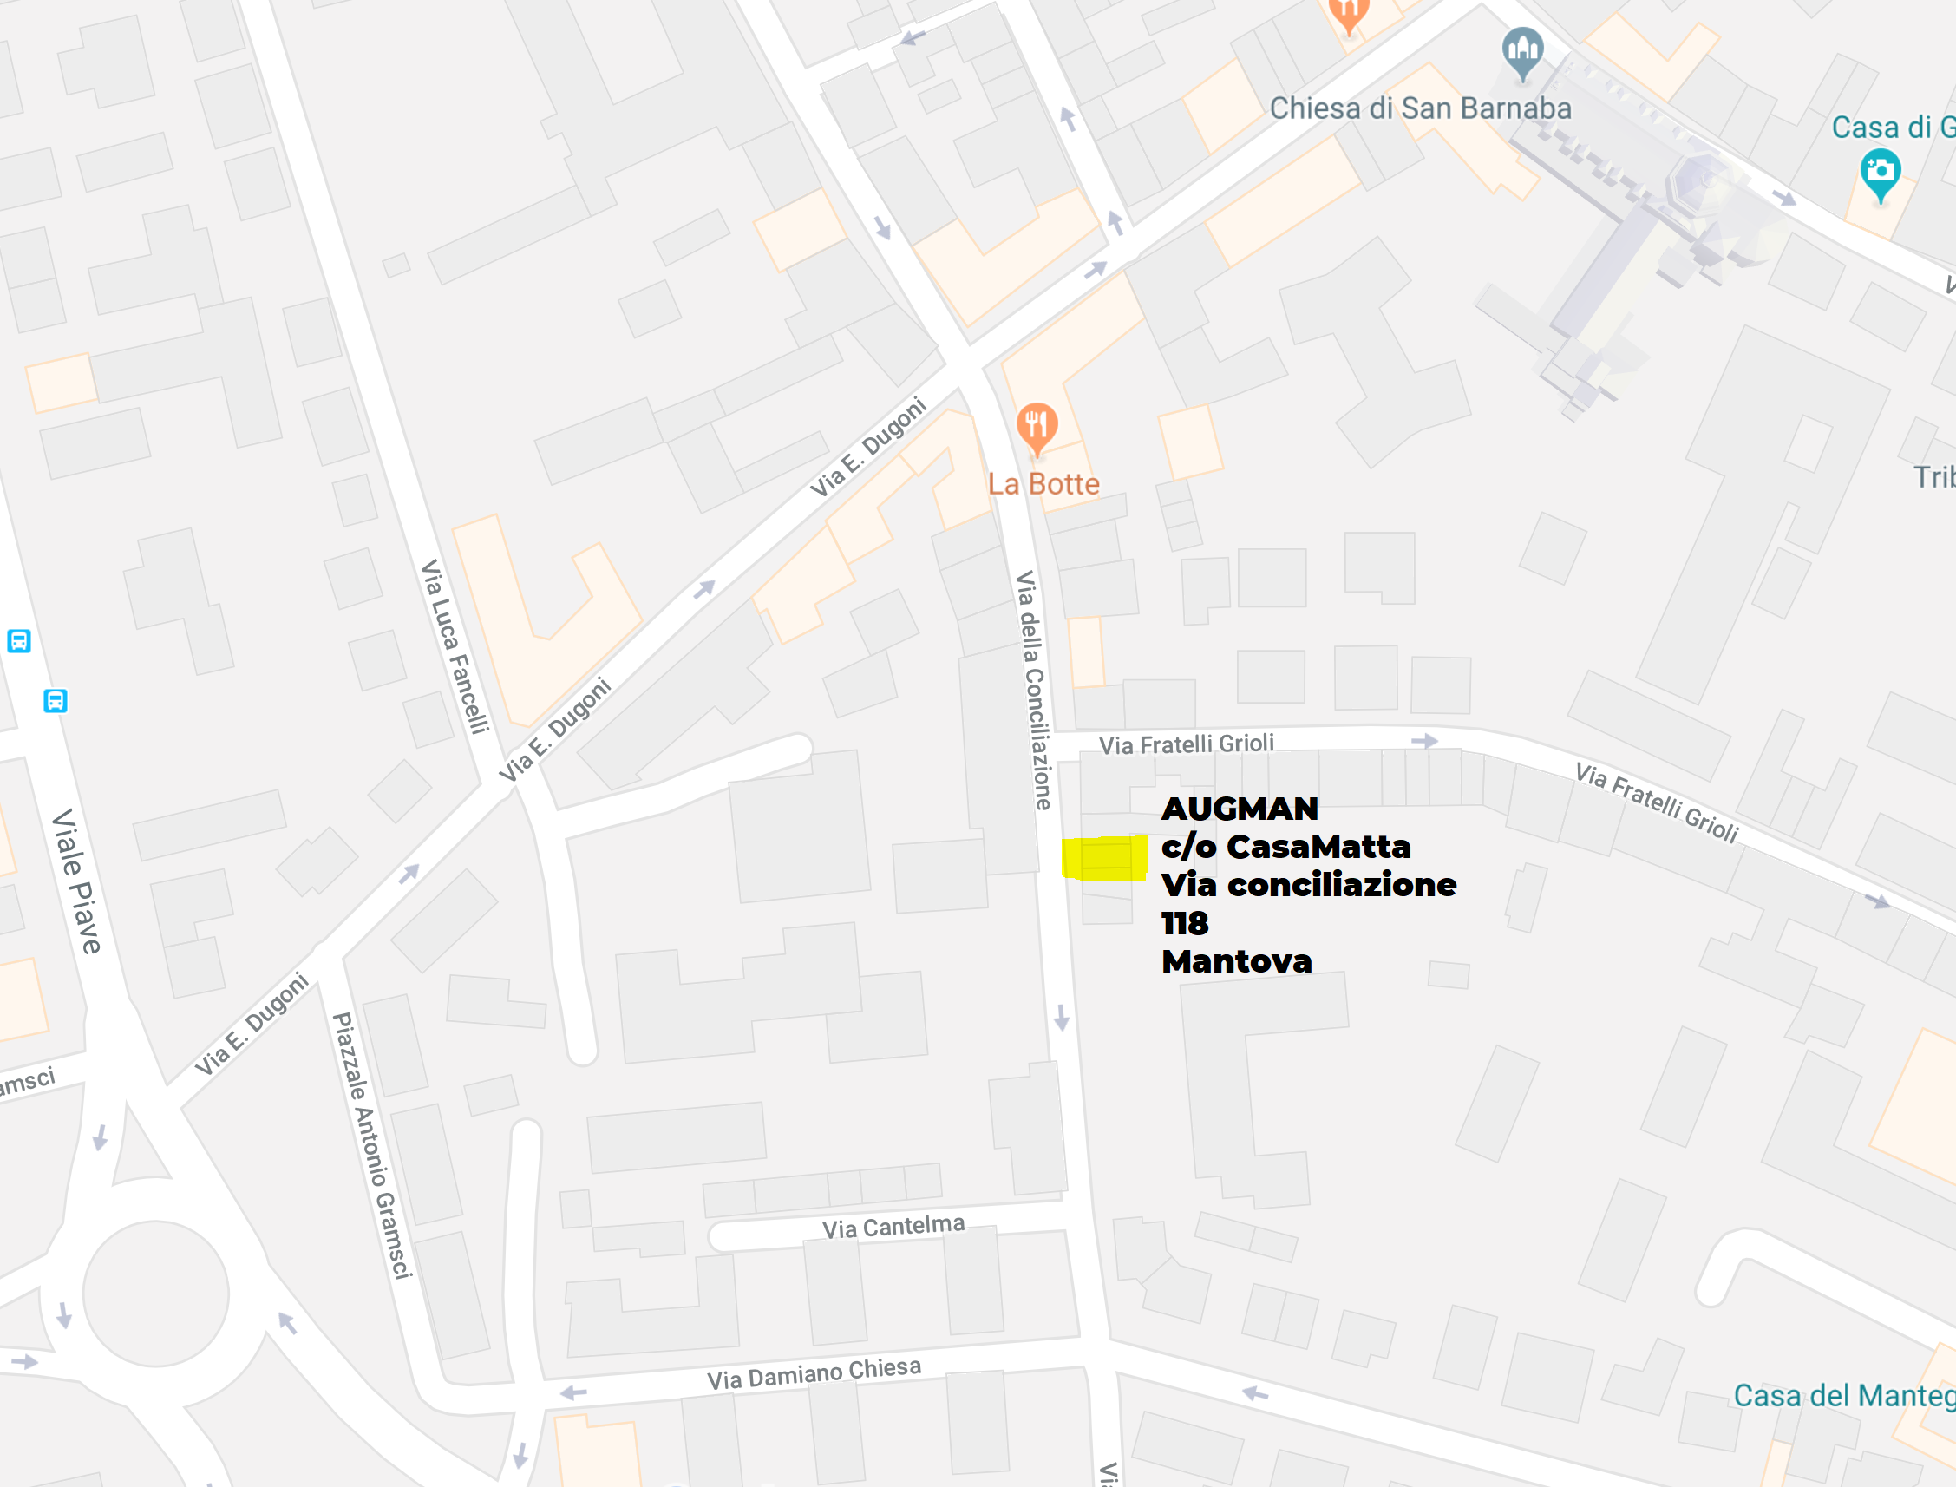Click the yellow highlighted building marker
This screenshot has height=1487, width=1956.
tap(1104, 858)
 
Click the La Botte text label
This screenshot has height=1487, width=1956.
tap(1043, 484)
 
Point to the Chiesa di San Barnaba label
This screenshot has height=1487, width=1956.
tap(1421, 108)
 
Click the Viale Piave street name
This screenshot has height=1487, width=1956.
tap(77, 881)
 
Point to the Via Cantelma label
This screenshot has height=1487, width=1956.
tap(893, 1227)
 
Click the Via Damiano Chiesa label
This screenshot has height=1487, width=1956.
tap(814, 1372)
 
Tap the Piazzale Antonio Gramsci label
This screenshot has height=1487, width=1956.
tap(372, 1145)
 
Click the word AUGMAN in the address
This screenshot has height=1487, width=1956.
tap(1240, 808)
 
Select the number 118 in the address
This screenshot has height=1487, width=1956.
tap(1184, 923)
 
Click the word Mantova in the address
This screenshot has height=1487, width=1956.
tap(1236, 961)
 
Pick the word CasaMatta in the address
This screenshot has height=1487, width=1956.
tap(1318, 847)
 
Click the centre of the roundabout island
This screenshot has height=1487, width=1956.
tap(156, 1294)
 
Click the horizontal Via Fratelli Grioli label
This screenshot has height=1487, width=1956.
tap(1186, 743)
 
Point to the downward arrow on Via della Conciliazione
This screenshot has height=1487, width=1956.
tap(1061, 1017)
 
